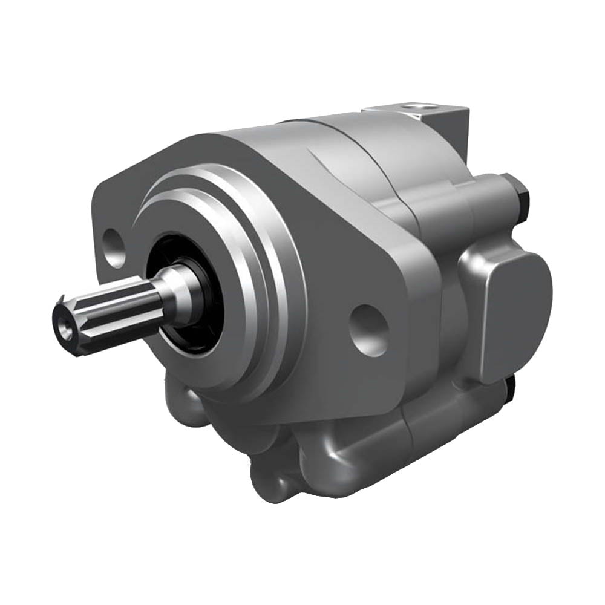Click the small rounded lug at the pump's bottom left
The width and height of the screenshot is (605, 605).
[x=266, y=478]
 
